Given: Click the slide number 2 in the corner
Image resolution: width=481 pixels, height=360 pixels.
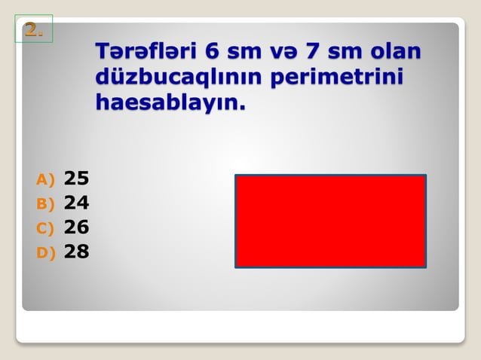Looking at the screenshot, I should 32,29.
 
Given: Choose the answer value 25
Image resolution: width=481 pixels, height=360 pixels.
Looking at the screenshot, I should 76,178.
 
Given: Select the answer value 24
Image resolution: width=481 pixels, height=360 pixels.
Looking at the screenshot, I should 76,203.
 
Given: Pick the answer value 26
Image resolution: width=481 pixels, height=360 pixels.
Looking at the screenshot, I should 76,227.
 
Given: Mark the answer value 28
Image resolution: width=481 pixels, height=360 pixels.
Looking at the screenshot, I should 76,252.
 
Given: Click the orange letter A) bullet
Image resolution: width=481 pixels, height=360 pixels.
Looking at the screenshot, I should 45,179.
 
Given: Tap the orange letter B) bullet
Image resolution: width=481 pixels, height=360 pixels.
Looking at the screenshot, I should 45,203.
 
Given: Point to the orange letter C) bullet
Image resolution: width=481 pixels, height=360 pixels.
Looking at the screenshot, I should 45,227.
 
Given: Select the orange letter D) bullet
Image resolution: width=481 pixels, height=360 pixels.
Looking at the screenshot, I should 45,252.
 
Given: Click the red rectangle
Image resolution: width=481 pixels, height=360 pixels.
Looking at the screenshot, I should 330,221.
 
